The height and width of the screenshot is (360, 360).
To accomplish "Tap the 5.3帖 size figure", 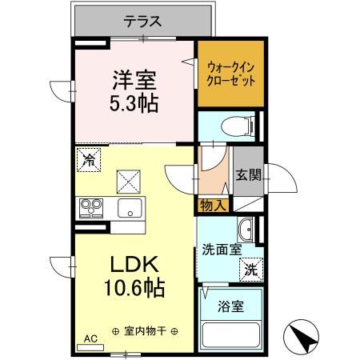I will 133,103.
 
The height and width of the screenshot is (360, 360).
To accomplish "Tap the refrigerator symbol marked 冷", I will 90,159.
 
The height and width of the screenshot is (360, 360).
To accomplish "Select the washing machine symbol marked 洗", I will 250,269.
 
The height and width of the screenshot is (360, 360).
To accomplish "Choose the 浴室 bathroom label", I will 230,304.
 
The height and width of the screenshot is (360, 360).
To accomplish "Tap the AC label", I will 90,339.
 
